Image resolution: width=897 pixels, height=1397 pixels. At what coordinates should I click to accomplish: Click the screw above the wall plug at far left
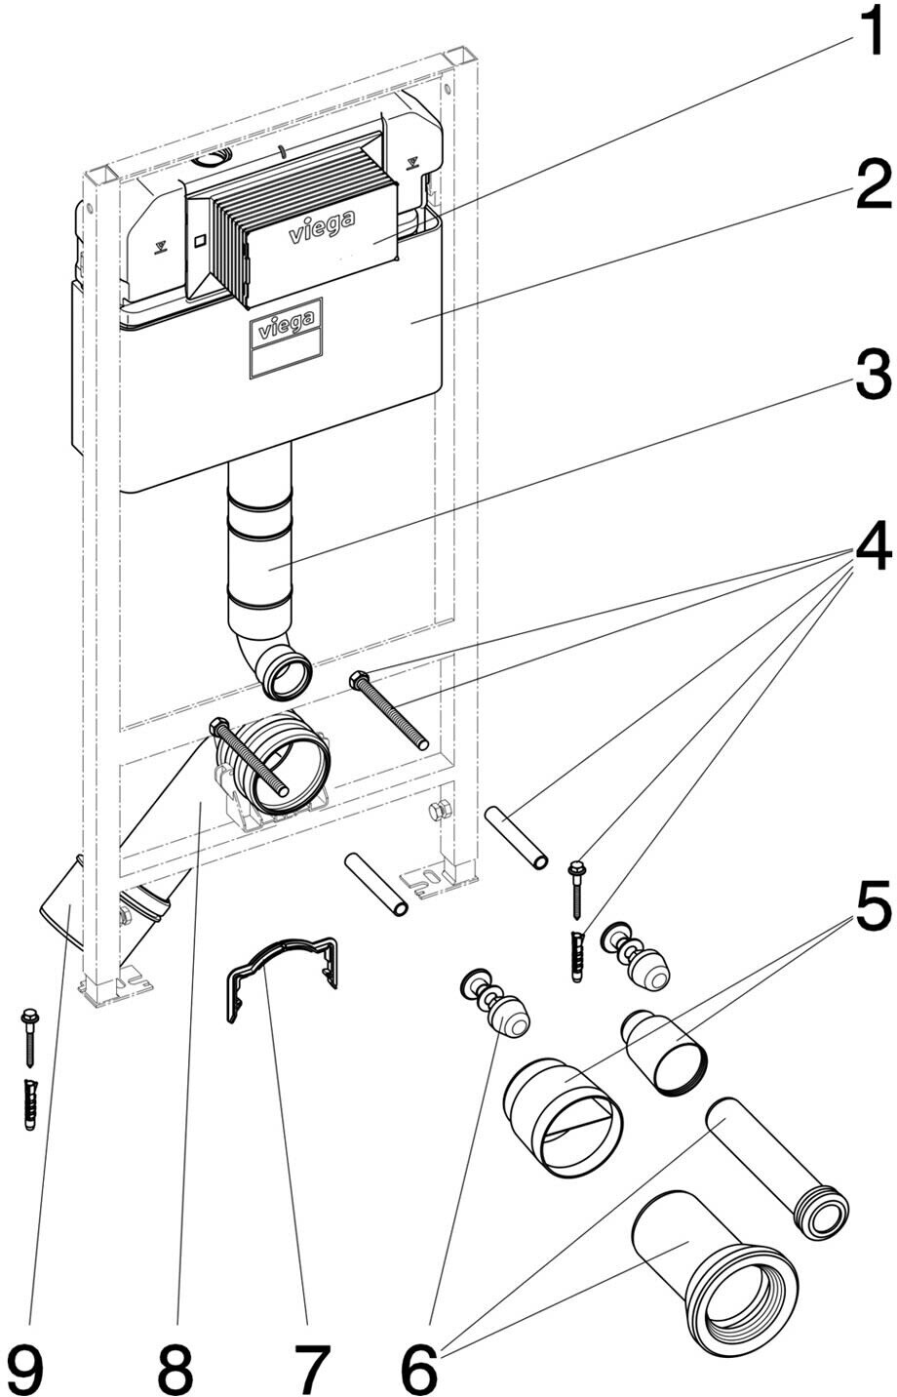pyautogui.click(x=27, y=1039)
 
